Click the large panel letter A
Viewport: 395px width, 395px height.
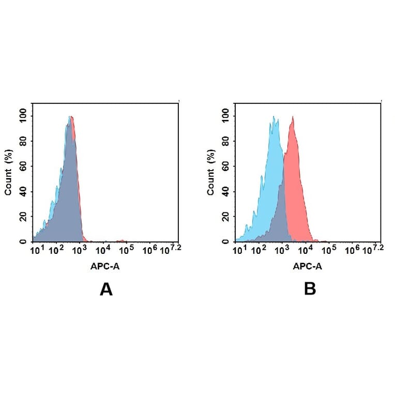(x=106, y=289)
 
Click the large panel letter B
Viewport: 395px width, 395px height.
(x=309, y=289)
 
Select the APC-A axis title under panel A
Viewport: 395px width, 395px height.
(x=105, y=266)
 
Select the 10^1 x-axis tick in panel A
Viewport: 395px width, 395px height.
(x=35, y=251)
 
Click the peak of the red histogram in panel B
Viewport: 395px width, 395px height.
(x=293, y=117)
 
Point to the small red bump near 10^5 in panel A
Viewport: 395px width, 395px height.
(x=122, y=240)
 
